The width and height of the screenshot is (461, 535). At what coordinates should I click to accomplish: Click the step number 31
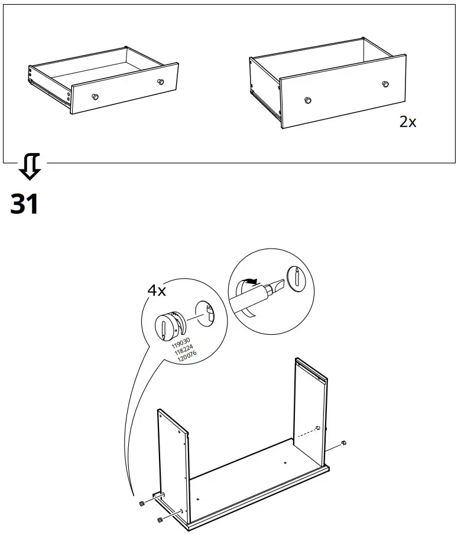(x=24, y=204)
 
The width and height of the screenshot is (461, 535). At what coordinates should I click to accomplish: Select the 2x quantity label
(x=408, y=122)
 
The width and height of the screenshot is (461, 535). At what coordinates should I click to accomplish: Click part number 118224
(x=184, y=350)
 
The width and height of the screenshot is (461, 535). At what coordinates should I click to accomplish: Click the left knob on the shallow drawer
(x=95, y=96)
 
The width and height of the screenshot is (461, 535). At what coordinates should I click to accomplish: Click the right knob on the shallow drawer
(x=160, y=81)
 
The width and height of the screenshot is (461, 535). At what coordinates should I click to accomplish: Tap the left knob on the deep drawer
(x=307, y=100)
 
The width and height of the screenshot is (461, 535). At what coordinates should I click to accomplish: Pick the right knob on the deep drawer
(x=385, y=84)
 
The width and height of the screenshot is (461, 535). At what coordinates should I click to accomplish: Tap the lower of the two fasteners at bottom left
(x=159, y=520)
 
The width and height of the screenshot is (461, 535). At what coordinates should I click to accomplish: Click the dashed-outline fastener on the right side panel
(x=318, y=428)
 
